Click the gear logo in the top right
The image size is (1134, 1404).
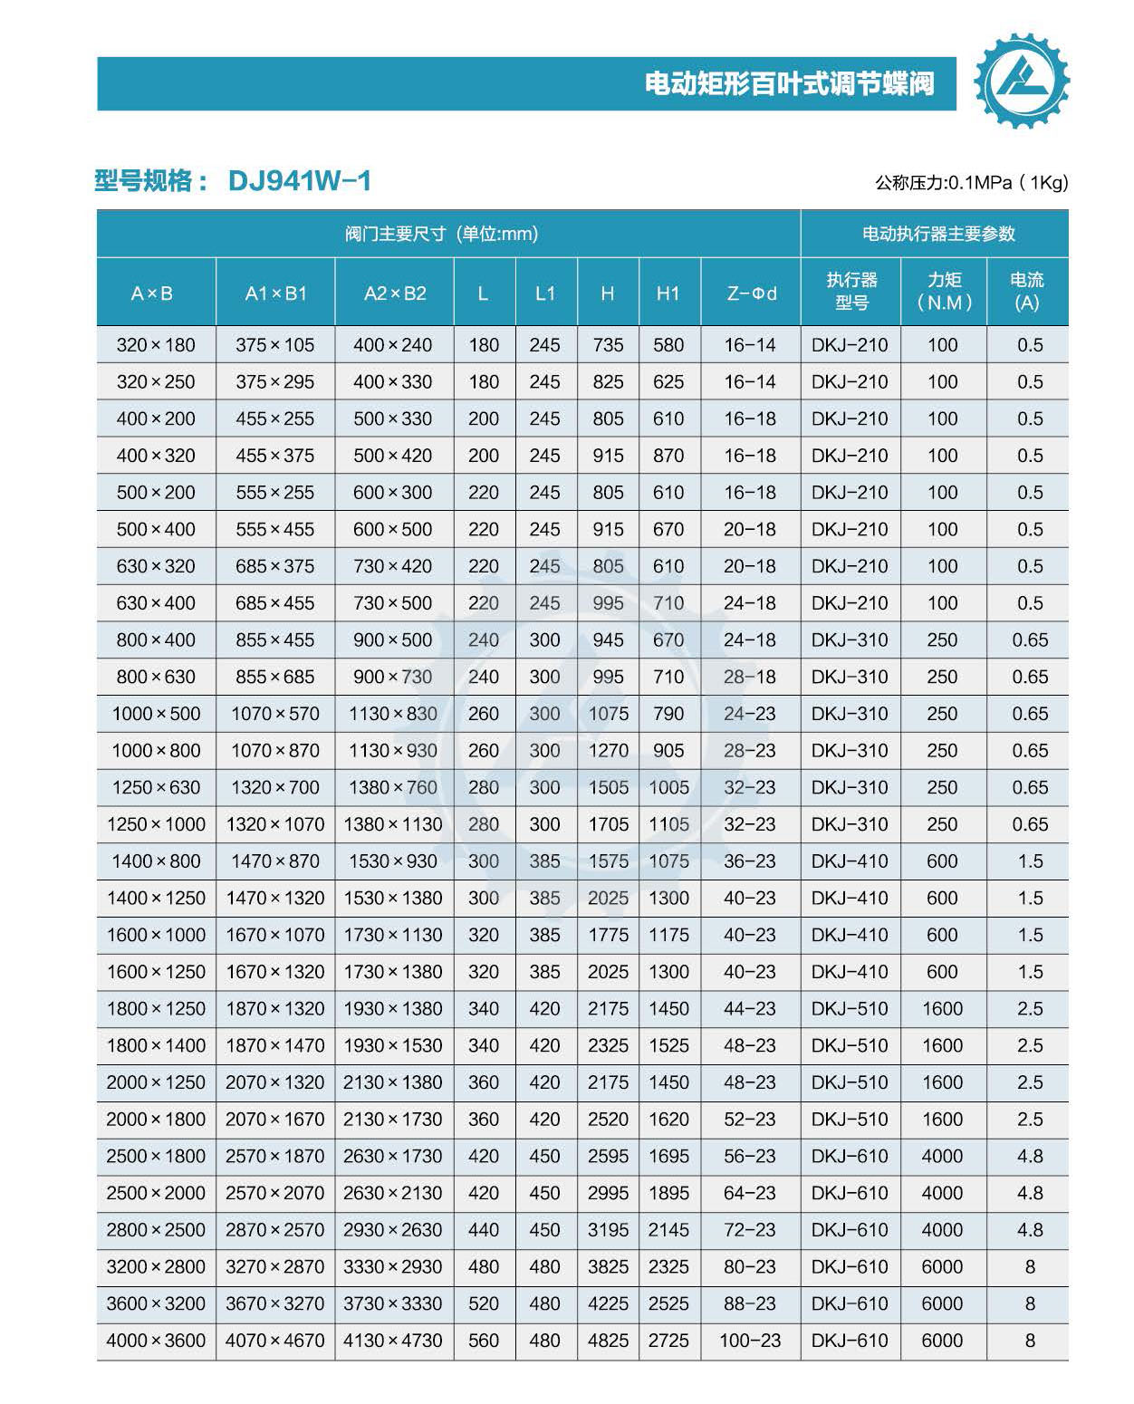[1021, 81]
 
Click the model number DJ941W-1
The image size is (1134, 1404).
[300, 181]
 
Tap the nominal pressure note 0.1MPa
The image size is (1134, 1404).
[971, 183]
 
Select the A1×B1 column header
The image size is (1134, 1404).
[275, 293]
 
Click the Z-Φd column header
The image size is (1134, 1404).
[751, 293]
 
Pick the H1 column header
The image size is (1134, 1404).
[668, 293]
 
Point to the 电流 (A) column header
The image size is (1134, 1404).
[1027, 292]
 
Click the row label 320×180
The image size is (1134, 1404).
[156, 345]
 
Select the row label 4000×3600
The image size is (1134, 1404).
[156, 1341]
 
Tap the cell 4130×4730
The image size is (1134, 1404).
[393, 1341]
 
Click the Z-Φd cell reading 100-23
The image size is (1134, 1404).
[750, 1341]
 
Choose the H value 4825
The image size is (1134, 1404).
[608, 1341]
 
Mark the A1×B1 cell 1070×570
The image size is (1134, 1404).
[275, 714]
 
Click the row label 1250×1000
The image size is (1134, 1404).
[156, 824]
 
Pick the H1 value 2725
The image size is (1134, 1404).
[668, 1341]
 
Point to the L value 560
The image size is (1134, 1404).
[484, 1341]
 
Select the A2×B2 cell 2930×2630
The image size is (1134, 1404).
[393, 1230]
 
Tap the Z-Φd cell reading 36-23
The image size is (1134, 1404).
[750, 861]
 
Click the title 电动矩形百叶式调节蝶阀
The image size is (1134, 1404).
[789, 84]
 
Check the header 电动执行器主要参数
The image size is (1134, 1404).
[938, 234]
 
